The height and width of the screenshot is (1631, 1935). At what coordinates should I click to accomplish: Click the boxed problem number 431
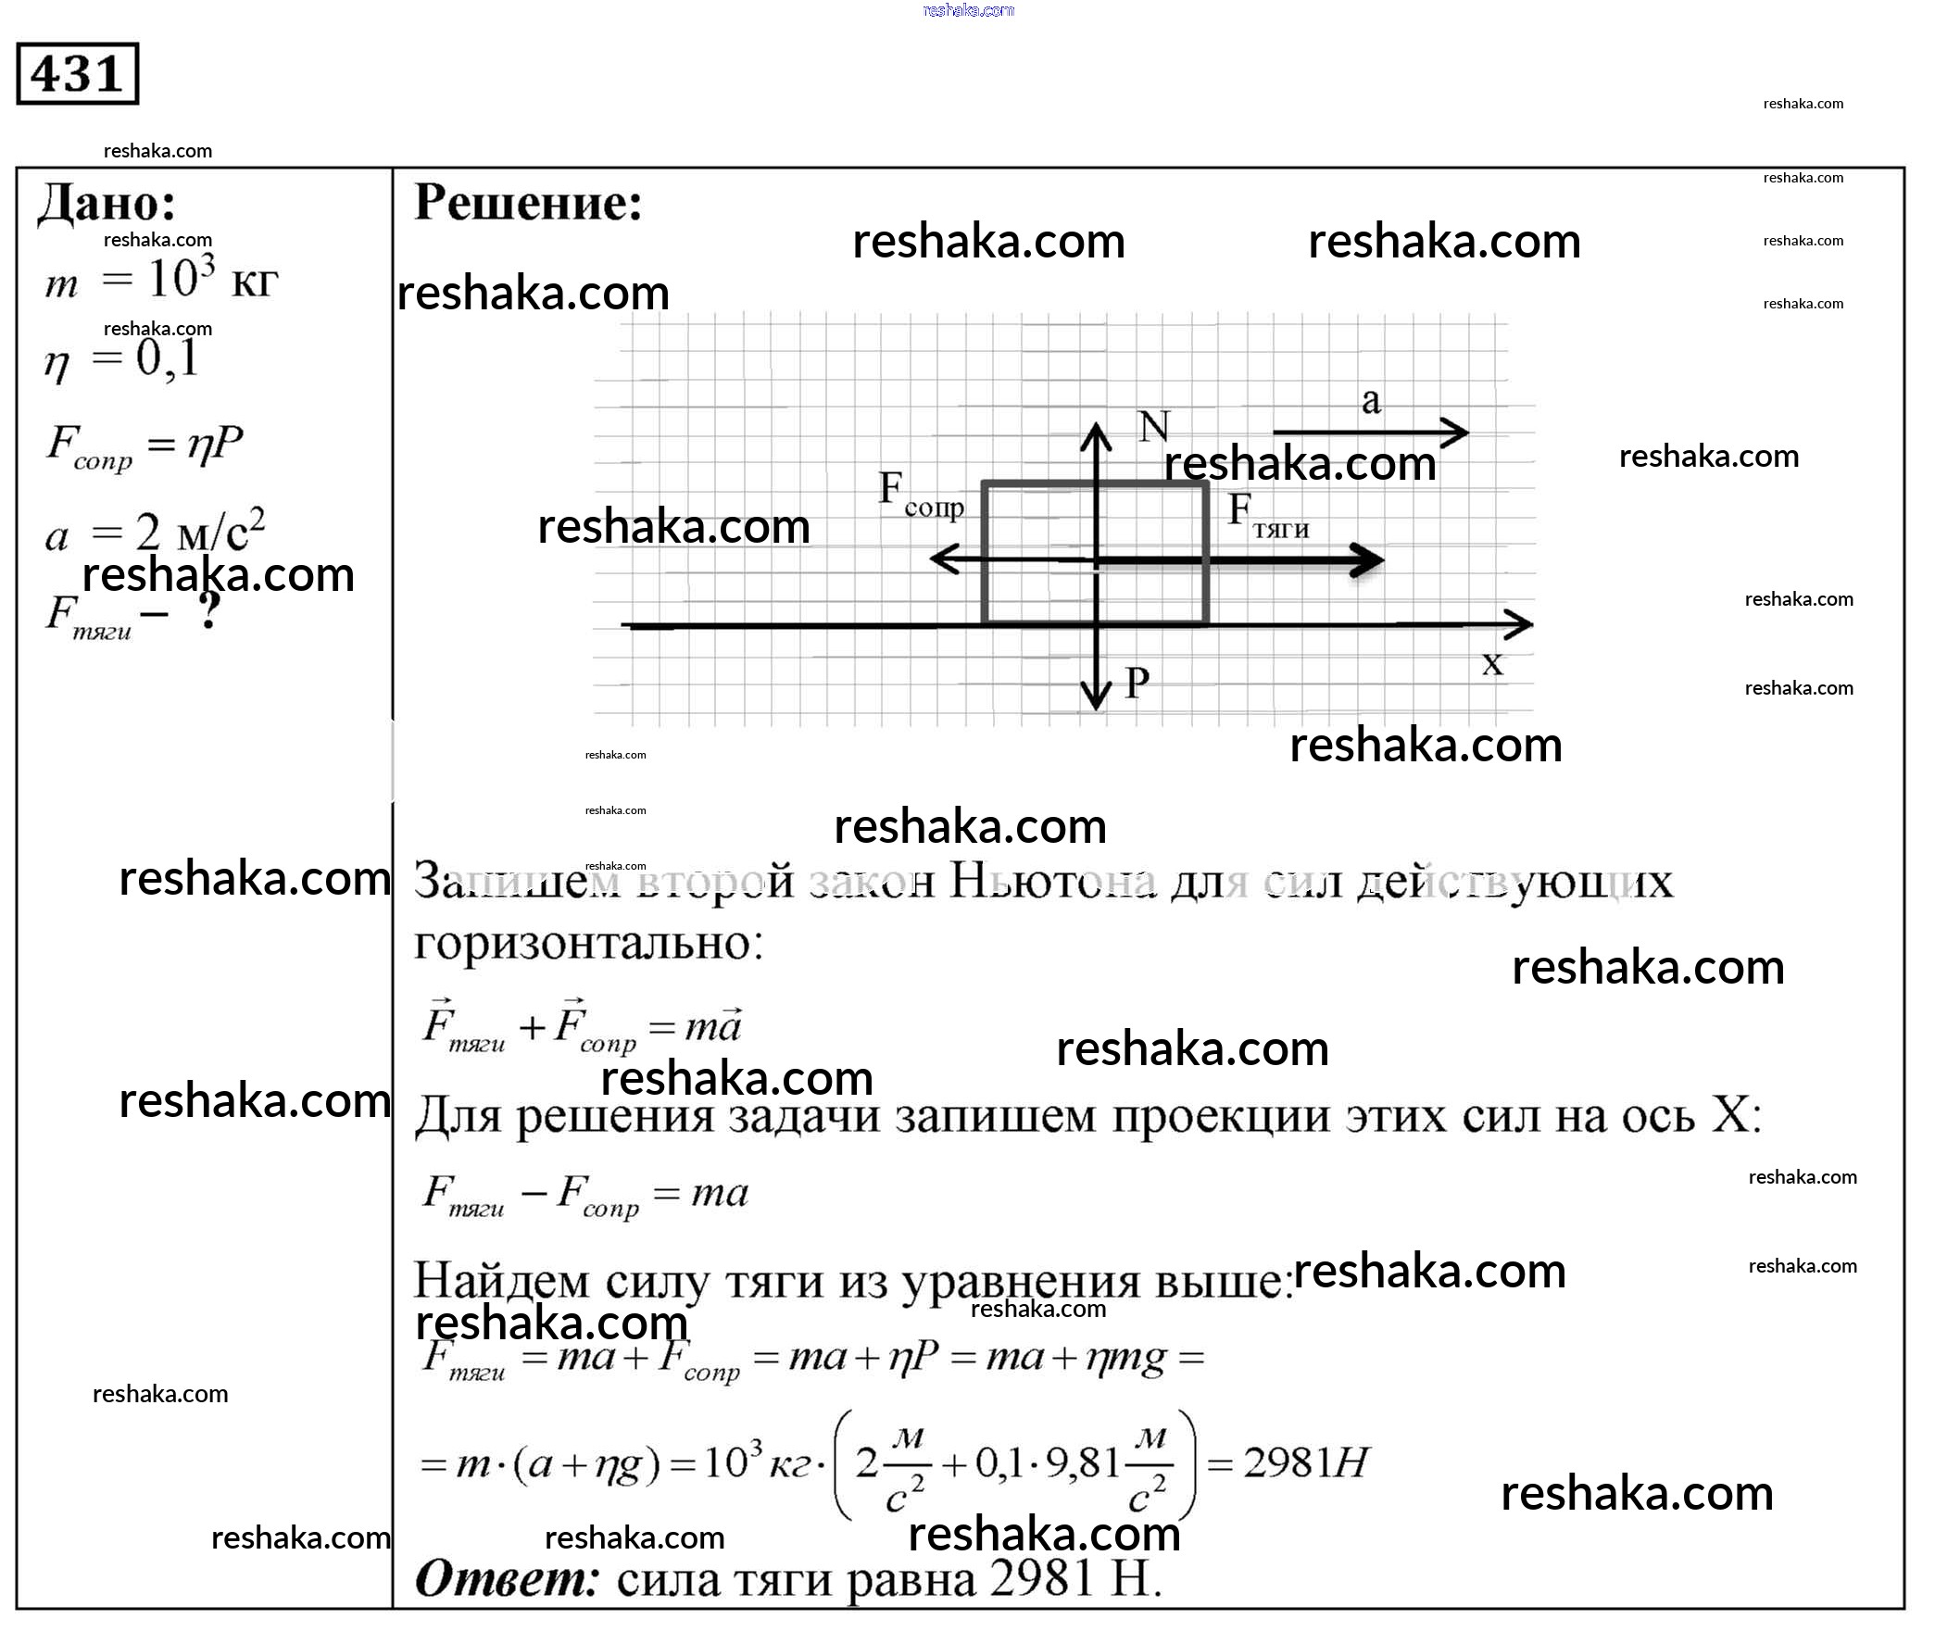coord(77,73)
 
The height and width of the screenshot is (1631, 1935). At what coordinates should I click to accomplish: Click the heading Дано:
coord(107,203)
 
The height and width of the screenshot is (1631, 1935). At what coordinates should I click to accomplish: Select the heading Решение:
coord(527,202)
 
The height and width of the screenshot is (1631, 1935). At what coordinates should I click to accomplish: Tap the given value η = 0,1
coord(121,359)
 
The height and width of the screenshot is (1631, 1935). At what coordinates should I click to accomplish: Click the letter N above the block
coord(1154,427)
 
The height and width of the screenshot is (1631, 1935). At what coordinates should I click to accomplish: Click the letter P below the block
coord(1137,684)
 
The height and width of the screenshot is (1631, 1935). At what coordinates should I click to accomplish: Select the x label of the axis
coord(1491,664)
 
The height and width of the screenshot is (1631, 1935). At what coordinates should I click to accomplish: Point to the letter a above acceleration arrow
coord(1371,401)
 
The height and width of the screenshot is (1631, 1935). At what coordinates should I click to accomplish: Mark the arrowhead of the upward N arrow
coord(1097,434)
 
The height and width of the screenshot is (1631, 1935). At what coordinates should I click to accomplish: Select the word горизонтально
coord(587,944)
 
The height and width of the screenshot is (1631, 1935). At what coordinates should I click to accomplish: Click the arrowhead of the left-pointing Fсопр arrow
coord(941,559)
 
